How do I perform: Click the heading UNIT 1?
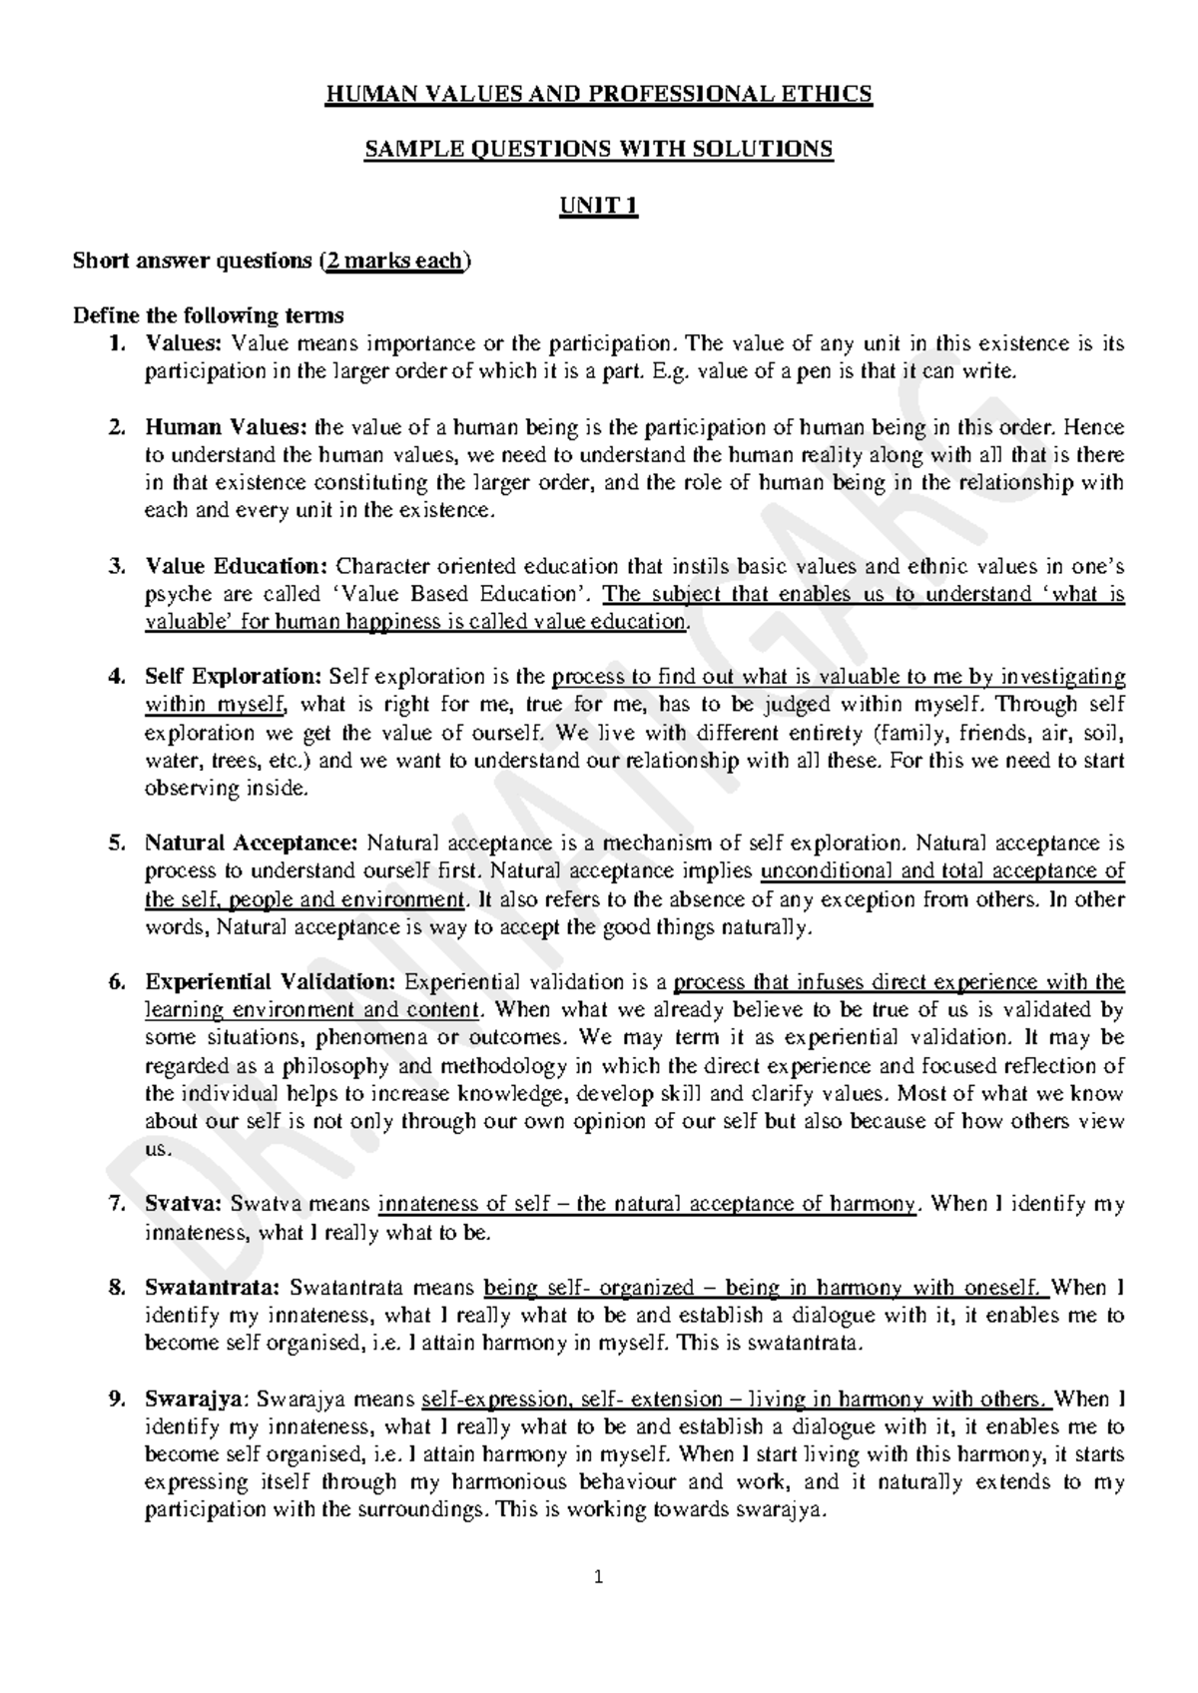[598, 207]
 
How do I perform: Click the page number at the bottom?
[598, 1578]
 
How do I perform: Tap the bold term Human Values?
[227, 428]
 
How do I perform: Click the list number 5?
[116, 844]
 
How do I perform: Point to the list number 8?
[116, 1288]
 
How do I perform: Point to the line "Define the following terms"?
[209, 316]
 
